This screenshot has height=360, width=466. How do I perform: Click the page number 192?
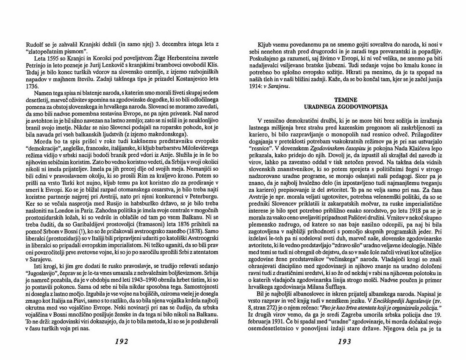(119, 342)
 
